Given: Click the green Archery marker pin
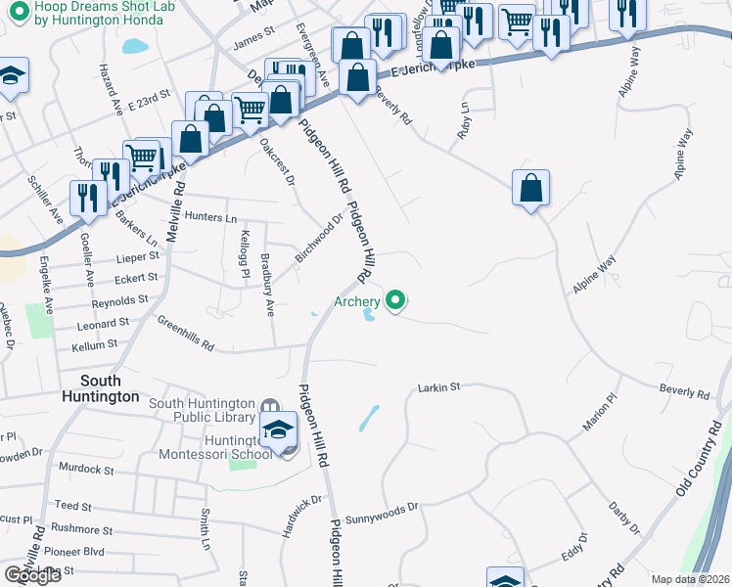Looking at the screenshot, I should (395, 300).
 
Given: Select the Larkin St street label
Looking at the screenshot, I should (439, 388).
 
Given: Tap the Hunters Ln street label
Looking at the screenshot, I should (210, 217).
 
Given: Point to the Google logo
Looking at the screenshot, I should (32, 575).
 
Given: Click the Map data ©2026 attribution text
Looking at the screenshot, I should (690, 579).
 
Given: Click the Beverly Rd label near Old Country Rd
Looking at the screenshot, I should (684, 391).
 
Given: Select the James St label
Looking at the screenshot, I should (254, 43).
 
